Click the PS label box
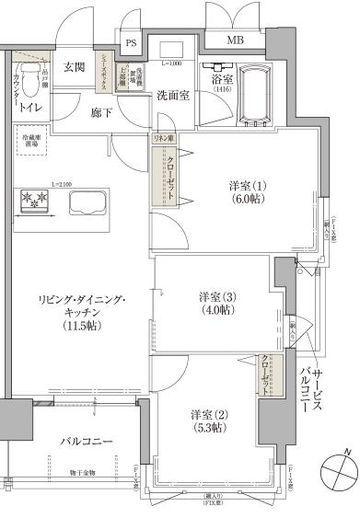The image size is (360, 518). click(x=131, y=42)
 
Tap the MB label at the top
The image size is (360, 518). click(x=235, y=40)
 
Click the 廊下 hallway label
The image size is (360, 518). click(x=101, y=113)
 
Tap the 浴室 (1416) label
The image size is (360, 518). click(x=222, y=83)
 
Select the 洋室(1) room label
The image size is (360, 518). click(x=249, y=192)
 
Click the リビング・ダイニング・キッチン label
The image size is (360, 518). click(x=81, y=313)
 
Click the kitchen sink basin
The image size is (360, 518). click(x=87, y=203)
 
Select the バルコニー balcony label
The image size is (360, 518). click(x=87, y=442)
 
